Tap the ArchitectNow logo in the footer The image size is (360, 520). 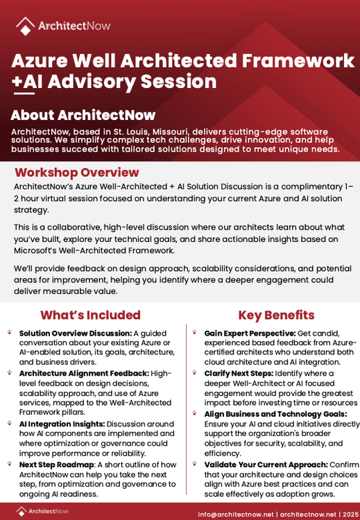point(44,512)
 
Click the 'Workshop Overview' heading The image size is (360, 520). point(77,173)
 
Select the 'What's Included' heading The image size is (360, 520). point(90,315)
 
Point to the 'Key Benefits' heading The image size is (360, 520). point(276,315)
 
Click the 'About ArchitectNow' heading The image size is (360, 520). point(83,115)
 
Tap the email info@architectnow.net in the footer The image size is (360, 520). point(235,514)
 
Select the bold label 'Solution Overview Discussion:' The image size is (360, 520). point(75,333)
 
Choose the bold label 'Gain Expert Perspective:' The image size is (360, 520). point(250,333)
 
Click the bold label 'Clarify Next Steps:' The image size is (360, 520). point(237,373)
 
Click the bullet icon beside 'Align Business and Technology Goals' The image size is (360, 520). point(194,413)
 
